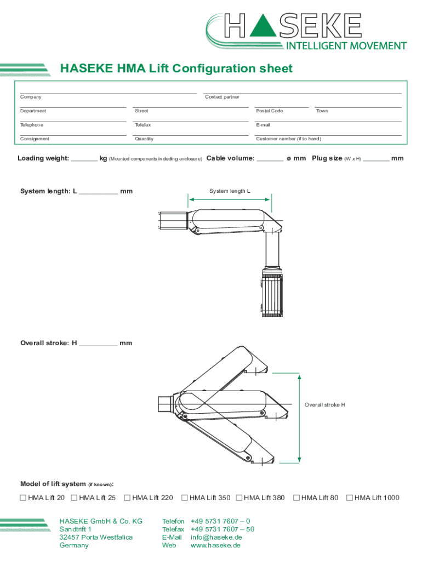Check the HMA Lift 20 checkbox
[23, 497]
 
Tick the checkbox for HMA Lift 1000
[349, 497]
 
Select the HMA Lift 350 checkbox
[184, 497]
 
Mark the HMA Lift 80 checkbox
[296, 497]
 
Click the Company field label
[31, 97]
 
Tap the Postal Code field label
[270, 111]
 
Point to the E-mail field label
[263, 125]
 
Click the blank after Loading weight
[84, 161]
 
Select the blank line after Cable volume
[270, 161]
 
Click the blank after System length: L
[99, 193]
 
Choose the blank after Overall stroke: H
[99, 345]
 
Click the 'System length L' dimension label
[230, 191]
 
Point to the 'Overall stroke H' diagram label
[324, 405]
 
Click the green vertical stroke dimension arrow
[299, 418]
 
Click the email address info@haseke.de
[216, 537]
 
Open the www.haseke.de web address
[215, 546]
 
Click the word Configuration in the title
[214, 68]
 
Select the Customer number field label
[288, 139]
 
